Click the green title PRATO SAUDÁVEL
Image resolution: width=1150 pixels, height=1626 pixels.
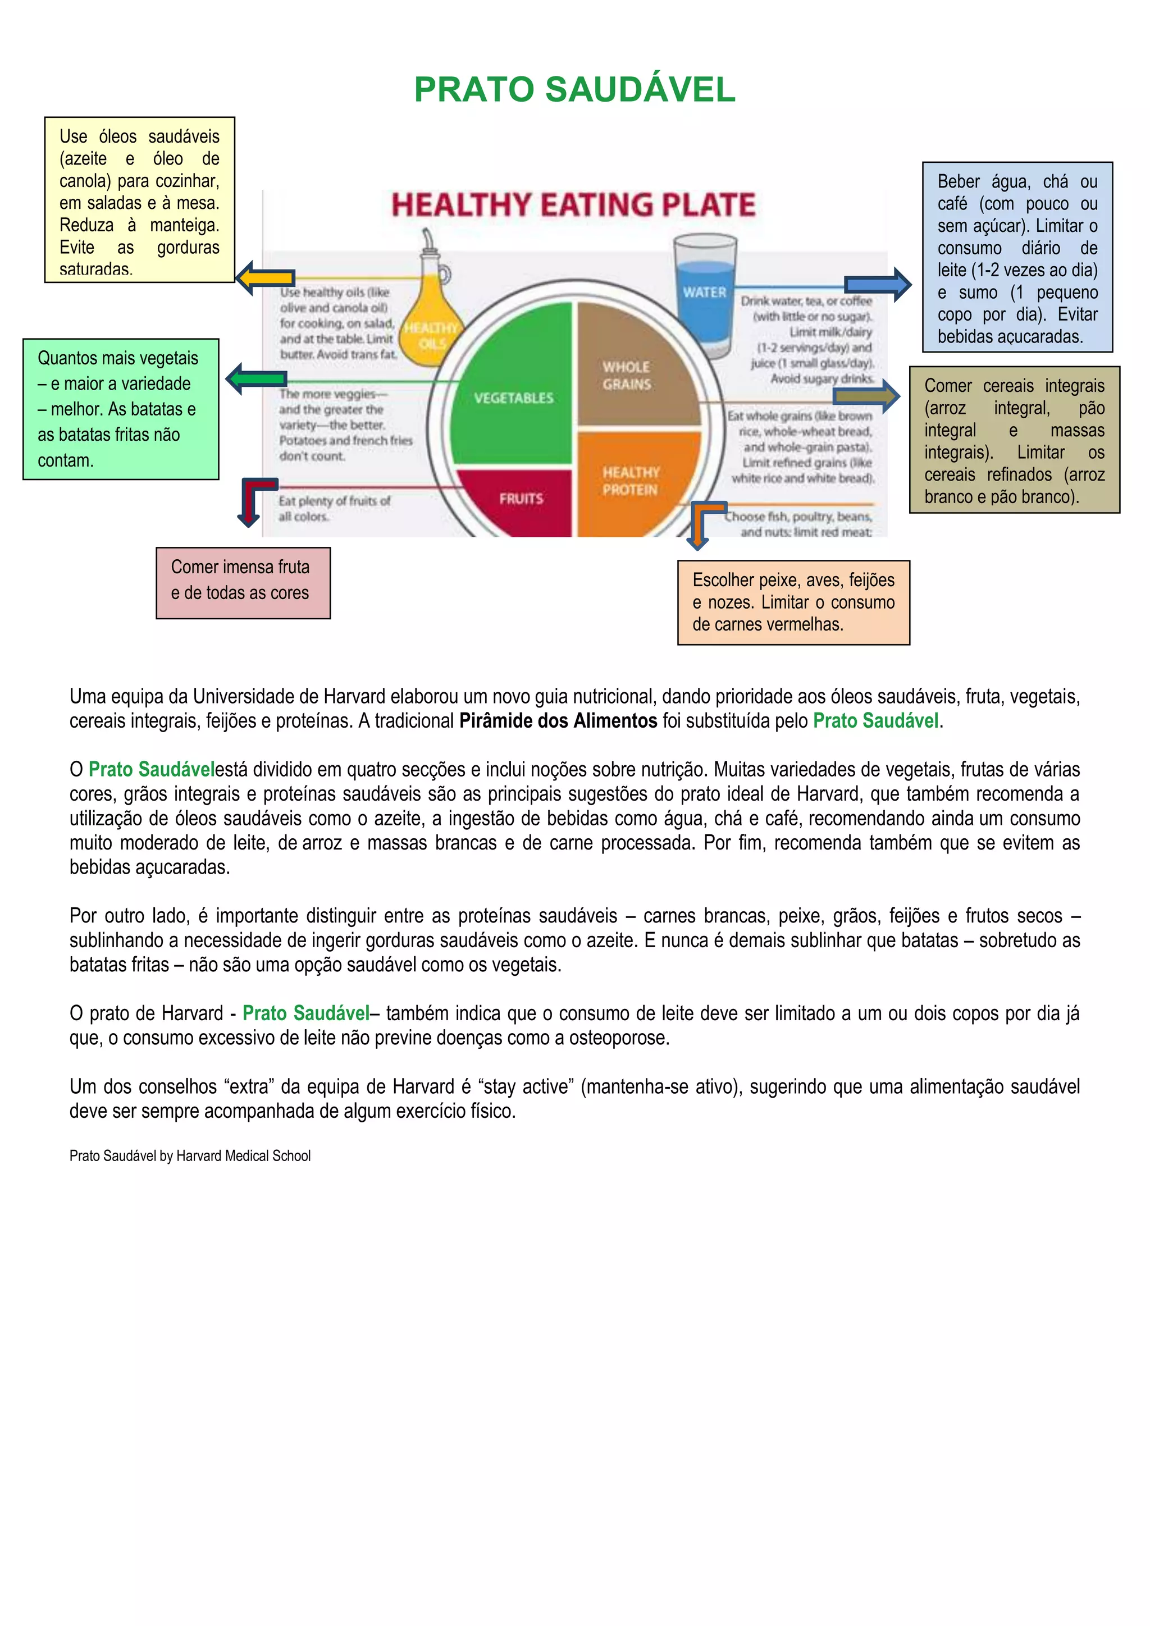574,90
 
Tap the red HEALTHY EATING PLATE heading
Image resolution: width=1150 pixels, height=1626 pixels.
573,205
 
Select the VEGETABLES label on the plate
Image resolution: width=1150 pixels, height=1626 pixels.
513,398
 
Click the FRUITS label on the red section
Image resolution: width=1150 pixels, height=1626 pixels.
521,499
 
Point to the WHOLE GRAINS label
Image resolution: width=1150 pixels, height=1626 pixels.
626,376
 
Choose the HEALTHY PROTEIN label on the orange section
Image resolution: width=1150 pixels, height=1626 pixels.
630,481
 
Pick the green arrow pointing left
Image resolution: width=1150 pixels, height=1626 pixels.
255,379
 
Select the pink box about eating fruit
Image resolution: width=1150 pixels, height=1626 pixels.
243,582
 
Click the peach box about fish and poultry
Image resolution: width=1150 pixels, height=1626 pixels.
793,602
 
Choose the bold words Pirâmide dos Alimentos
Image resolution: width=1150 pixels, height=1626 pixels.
558,721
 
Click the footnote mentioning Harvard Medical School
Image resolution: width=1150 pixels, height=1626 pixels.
190,1155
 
